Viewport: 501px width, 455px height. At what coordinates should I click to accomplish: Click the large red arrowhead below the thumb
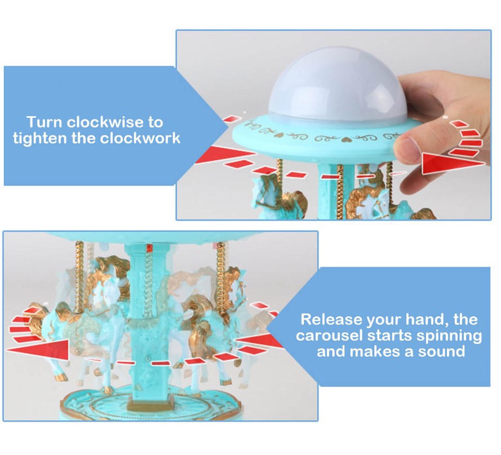tap(453, 164)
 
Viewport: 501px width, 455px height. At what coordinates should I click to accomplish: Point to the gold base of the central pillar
tap(149, 405)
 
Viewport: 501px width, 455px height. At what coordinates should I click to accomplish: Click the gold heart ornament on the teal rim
tap(278, 135)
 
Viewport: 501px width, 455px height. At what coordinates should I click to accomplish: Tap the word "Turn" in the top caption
tap(44, 122)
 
